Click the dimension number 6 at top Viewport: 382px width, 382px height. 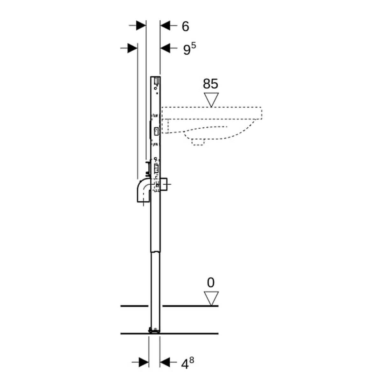tap(185, 26)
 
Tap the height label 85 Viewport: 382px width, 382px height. tap(210, 84)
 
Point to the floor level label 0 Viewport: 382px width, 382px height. tap(211, 282)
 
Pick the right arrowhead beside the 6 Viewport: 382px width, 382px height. tap(165, 25)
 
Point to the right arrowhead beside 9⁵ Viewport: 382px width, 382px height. tap(165, 48)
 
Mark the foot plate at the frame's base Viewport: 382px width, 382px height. tap(154, 330)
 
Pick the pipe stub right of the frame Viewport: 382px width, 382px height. tap(165, 185)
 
